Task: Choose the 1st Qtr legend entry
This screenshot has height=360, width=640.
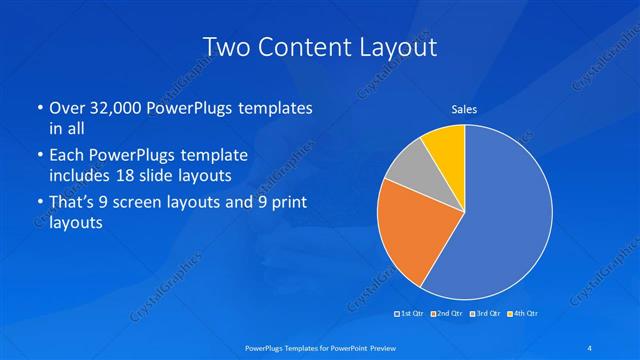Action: [x=411, y=315]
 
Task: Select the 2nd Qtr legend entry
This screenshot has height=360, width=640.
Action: [x=447, y=315]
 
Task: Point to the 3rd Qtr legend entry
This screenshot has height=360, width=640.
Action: [x=485, y=315]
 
